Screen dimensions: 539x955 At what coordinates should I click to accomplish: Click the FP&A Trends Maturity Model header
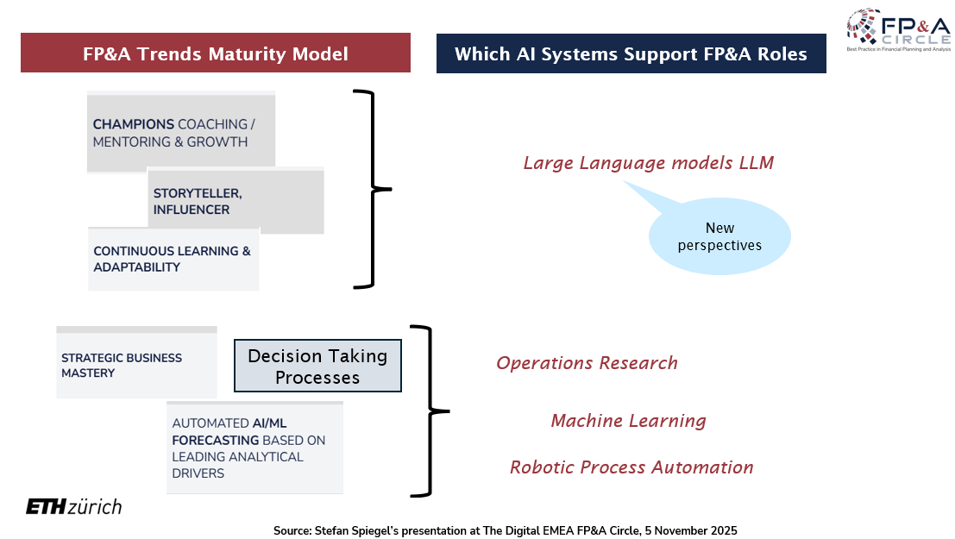point(215,53)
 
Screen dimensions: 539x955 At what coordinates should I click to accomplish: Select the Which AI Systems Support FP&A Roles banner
point(631,53)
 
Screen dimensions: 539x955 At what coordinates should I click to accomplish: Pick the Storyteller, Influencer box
point(236,201)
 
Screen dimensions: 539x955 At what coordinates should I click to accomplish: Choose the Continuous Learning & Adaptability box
point(173,259)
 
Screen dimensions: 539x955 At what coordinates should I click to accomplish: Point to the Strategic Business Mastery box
point(136,365)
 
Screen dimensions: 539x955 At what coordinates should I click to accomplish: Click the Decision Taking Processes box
point(317,367)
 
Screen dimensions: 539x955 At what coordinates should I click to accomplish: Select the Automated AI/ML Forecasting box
point(254,448)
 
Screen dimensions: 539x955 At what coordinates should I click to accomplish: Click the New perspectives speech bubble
point(719,236)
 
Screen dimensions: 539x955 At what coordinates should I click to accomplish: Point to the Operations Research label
point(587,363)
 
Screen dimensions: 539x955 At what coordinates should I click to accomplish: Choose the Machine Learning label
point(628,421)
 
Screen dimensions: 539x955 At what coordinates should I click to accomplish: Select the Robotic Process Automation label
point(631,467)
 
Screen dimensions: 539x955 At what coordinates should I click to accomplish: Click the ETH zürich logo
point(73,507)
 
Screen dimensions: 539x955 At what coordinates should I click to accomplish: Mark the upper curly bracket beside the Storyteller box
point(373,188)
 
